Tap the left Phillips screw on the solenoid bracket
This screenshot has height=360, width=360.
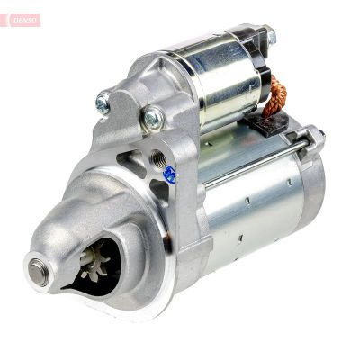[103, 103]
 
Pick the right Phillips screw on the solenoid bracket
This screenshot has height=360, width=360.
[154, 114]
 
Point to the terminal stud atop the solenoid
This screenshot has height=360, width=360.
[268, 37]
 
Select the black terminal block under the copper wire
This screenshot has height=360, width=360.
[270, 123]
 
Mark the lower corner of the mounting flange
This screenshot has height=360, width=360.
[193, 297]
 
